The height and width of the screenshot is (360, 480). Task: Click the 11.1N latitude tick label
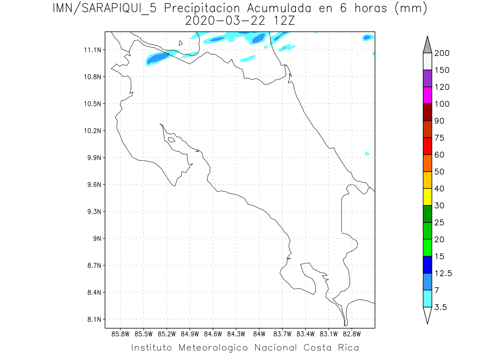[x=92, y=50]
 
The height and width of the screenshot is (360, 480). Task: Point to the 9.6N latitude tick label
[x=92, y=185]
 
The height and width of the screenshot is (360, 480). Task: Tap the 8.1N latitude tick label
[x=92, y=320]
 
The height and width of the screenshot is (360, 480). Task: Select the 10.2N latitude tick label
[x=92, y=131]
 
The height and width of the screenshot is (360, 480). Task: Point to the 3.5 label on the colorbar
[x=441, y=307]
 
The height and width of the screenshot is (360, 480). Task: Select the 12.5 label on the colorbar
[x=443, y=273]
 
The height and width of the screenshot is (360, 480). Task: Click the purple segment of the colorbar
[x=427, y=78]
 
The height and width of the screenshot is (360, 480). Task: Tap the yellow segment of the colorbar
[x=427, y=197]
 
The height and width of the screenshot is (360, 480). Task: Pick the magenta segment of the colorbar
[x=427, y=95]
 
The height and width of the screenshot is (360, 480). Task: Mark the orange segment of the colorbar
[x=427, y=163]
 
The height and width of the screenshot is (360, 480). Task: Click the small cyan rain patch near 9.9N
[x=367, y=154]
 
